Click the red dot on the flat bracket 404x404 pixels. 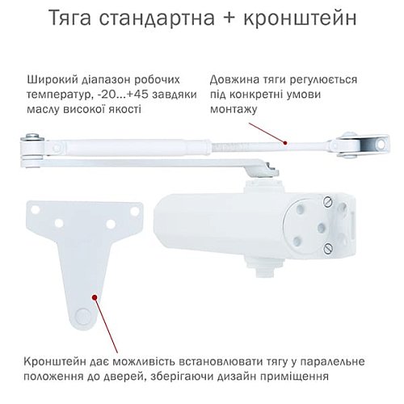pos(96,297)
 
